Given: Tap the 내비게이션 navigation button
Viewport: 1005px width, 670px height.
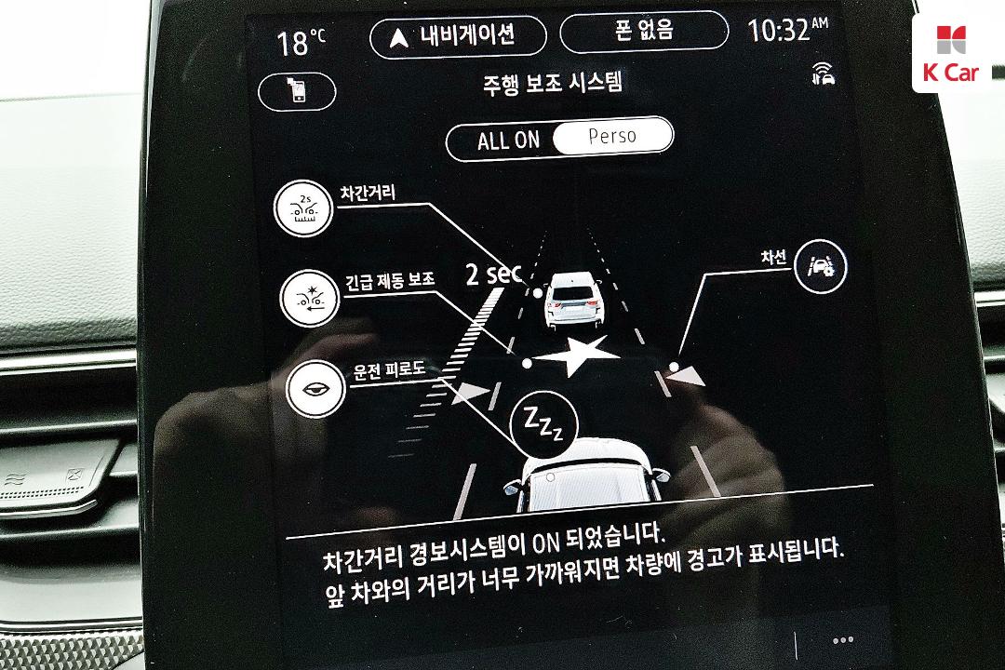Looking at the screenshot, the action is coord(458,36).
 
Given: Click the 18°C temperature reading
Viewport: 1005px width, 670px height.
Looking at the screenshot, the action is coord(301,43).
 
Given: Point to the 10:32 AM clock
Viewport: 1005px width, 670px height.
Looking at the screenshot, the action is coord(788,30).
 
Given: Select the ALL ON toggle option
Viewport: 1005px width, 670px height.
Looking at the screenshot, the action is coord(508,140).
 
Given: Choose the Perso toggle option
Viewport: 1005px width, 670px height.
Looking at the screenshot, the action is coord(612,135).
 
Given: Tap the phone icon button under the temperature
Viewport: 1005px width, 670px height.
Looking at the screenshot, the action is coord(298,91).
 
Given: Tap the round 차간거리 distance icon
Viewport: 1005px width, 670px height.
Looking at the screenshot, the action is coord(303,208).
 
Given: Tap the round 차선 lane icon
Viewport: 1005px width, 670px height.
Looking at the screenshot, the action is coord(821,266).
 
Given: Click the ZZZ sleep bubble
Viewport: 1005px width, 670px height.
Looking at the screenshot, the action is coord(544,423).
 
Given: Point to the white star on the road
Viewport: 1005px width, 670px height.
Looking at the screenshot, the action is coord(576,355).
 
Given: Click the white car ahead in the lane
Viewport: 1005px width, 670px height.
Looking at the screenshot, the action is coord(573,300).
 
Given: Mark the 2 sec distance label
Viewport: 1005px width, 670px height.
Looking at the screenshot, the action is coord(493,274).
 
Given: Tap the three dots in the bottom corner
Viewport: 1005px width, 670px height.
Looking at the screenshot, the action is coord(842,640).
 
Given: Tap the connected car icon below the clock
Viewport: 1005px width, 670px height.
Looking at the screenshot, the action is coord(823,74).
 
